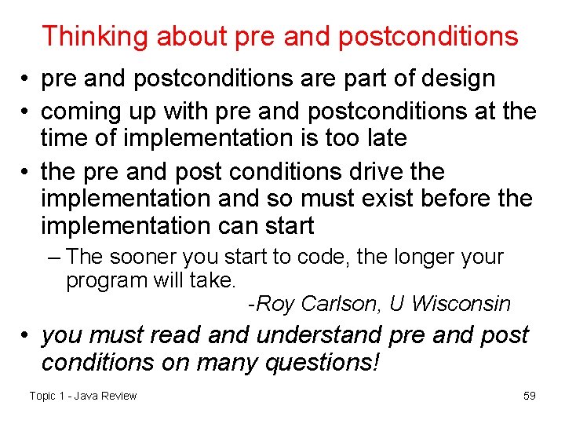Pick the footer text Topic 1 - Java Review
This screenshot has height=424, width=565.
point(83,396)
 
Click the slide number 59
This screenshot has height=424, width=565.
point(530,396)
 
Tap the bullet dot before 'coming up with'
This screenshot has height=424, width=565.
point(26,111)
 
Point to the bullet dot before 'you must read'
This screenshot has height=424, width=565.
point(26,335)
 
